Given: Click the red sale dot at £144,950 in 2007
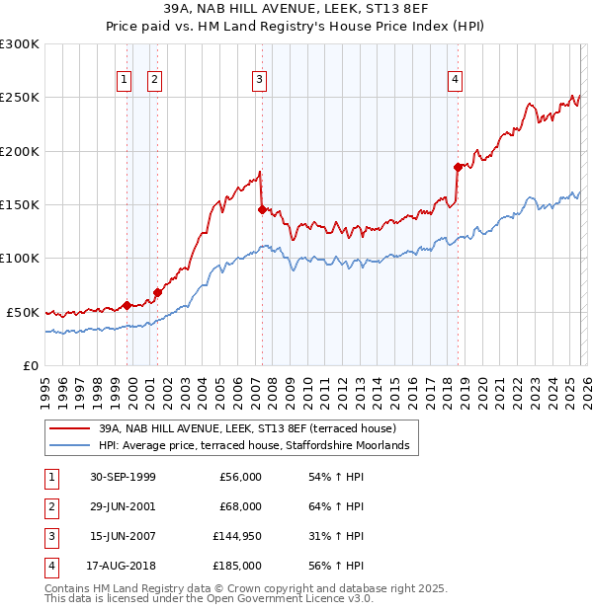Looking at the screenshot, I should (262, 209).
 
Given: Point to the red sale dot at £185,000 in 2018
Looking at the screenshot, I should (458, 167).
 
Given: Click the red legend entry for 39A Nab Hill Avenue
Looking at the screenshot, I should (247, 429).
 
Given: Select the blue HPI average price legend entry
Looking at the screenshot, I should (259, 447).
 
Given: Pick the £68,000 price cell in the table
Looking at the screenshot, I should (241, 506).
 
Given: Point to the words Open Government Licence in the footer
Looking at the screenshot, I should (278, 598).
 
